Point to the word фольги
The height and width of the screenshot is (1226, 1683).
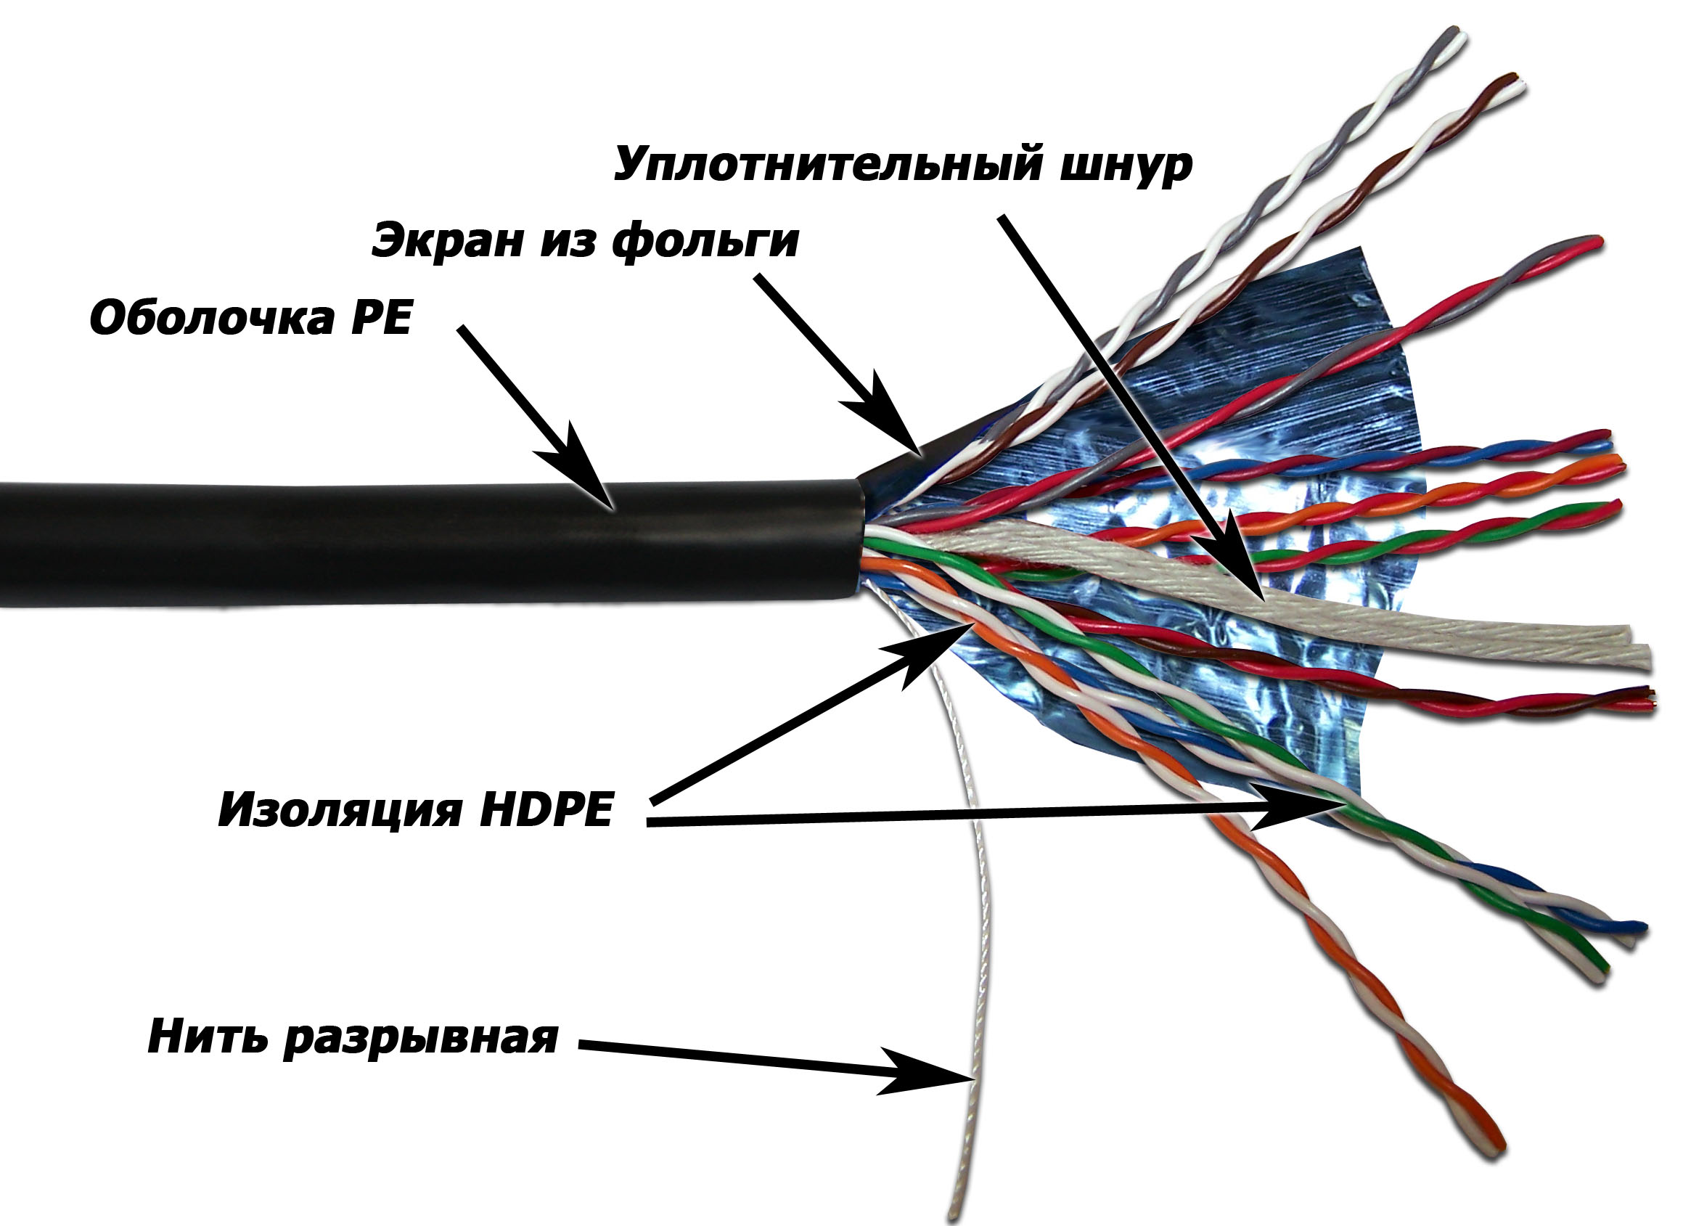(705, 241)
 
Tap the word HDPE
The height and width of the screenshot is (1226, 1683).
(546, 809)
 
